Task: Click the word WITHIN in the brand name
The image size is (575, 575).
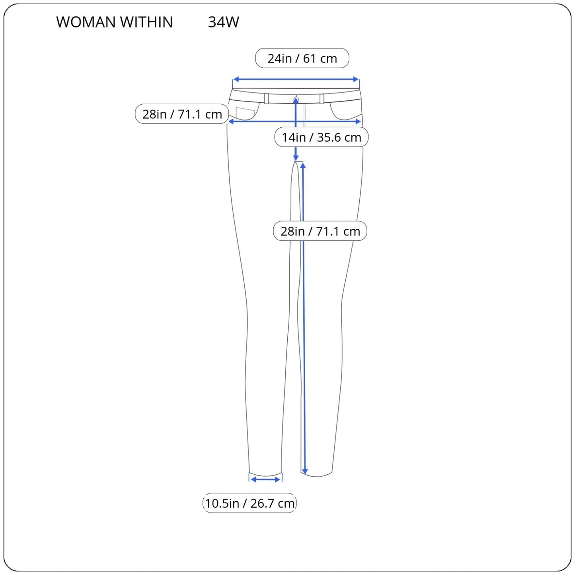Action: click(x=146, y=22)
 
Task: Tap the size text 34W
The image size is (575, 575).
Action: click(x=224, y=22)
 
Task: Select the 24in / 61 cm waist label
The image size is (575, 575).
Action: click(x=302, y=58)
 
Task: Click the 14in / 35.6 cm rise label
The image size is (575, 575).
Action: click(x=322, y=137)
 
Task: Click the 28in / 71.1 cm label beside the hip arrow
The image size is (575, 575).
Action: click(x=182, y=114)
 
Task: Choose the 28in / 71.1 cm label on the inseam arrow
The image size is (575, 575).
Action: click(x=320, y=231)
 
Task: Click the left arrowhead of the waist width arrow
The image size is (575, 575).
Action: click(x=236, y=79)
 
